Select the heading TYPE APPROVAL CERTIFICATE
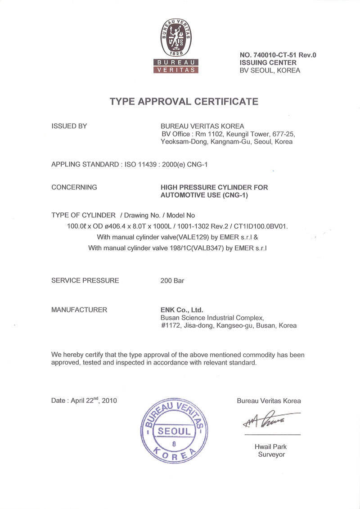(x=184, y=101)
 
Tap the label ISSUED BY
(x=69, y=126)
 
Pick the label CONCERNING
(x=74, y=187)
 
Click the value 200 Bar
(x=172, y=280)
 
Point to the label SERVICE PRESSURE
(x=85, y=280)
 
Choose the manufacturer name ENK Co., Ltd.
(x=182, y=310)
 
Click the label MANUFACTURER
(x=79, y=310)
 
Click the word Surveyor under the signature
(x=271, y=455)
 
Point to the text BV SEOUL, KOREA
(x=270, y=70)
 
